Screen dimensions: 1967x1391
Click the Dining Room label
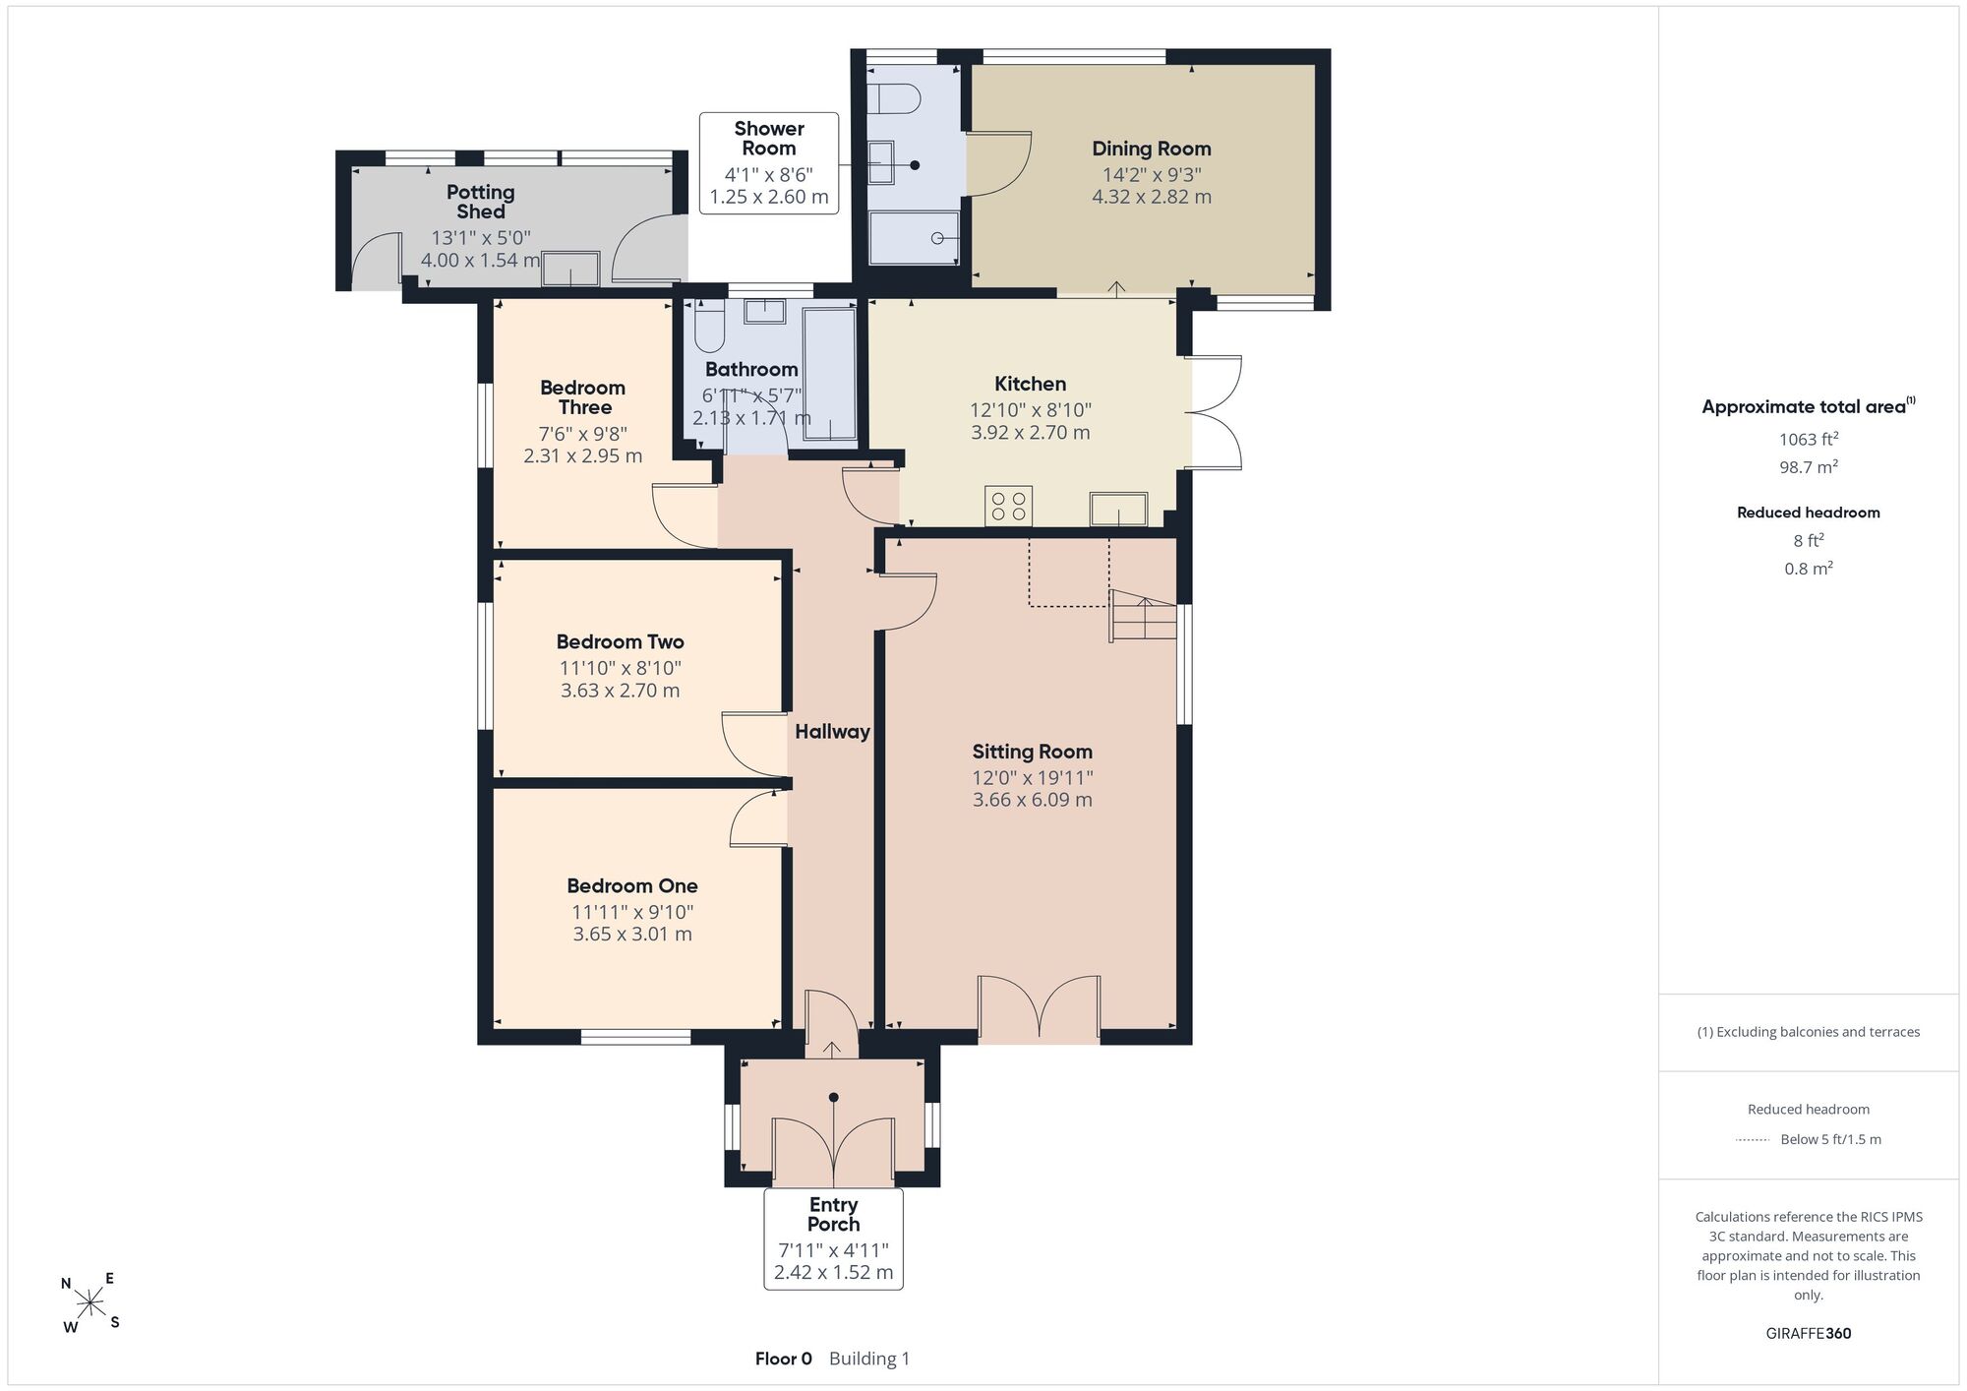pyautogui.click(x=1151, y=150)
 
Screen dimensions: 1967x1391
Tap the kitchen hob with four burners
pyautogui.click(x=1008, y=506)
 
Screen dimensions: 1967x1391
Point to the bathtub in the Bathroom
pyautogui.click(x=830, y=375)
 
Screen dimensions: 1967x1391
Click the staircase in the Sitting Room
pyautogui.click(x=1144, y=616)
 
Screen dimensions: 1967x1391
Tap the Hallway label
pyautogui.click(x=832, y=732)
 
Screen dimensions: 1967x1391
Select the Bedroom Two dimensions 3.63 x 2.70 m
pyautogui.click(x=620, y=691)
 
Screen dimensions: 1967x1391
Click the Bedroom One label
pyautogui.click(x=632, y=886)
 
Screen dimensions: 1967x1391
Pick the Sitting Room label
pyautogui.click(x=1032, y=753)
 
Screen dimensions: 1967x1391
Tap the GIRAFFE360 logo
pyautogui.click(x=1808, y=1334)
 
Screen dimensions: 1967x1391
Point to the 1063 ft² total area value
pyautogui.click(x=1808, y=439)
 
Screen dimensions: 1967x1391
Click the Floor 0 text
pyautogui.click(x=783, y=1360)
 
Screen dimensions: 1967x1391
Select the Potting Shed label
pyautogui.click(x=480, y=202)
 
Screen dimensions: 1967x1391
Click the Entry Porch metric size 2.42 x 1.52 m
pyautogui.click(x=833, y=1272)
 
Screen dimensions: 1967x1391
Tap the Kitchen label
pyautogui.click(x=1030, y=385)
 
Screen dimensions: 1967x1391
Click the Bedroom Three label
pyautogui.click(x=582, y=397)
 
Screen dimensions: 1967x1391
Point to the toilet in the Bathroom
pyautogui.click(x=709, y=328)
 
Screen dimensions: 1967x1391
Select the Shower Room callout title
pyautogui.click(x=769, y=139)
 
